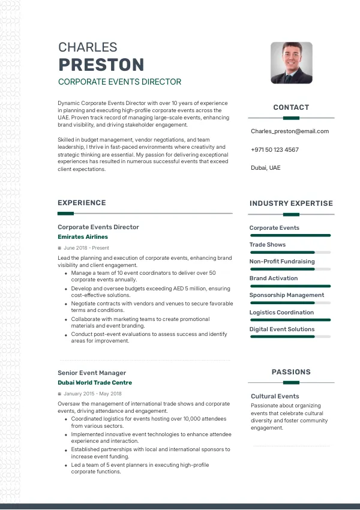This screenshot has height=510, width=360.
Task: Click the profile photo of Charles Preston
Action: click(x=291, y=62)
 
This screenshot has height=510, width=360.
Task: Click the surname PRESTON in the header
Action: click(x=101, y=64)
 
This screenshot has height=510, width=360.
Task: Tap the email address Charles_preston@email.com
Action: click(x=290, y=131)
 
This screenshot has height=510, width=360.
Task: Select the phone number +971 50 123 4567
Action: click(x=275, y=149)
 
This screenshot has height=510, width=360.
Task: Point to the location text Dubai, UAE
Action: click(x=265, y=168)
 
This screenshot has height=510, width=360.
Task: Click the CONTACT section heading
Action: click(x=291, y=107)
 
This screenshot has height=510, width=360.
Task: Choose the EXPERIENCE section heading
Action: click(x=82, y=203)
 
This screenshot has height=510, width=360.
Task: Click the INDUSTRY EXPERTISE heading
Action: click(x=291, y=203)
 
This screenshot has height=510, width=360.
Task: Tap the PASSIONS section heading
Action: click(x=291, y=372)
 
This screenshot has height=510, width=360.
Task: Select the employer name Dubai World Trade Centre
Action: click(x=95, y=383)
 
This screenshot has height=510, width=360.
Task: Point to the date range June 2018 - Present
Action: click(x=86, y=248)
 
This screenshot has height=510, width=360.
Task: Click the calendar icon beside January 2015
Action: click(x=59, y=394)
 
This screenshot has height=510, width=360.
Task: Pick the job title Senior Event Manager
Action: click(x=92, y=373)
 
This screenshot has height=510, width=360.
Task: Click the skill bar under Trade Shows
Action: click(x=290, y=253)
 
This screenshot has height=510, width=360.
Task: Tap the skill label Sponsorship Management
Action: click(x=287, y=295)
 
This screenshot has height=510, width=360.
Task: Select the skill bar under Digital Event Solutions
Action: click(x=290, y=337)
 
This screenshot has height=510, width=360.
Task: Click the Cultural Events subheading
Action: click(x=275, y=396)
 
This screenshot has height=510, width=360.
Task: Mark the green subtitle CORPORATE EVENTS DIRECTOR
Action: click(x=119, y=82)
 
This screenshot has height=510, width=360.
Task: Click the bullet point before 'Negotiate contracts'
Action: click(x=65, y=304)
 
